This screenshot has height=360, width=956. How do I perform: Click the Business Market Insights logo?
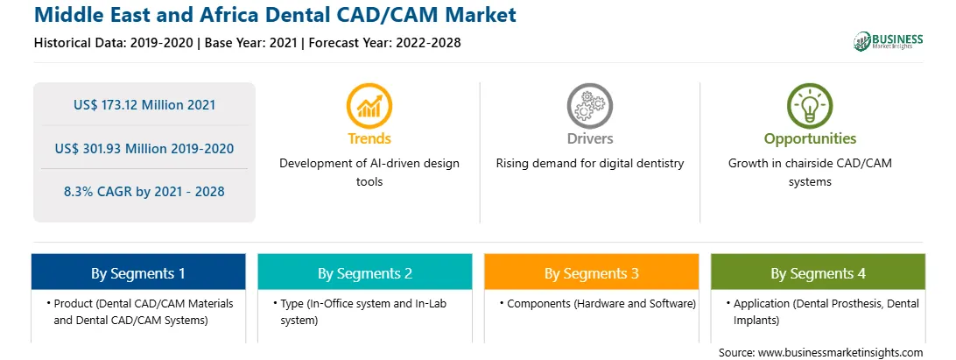point(888,41)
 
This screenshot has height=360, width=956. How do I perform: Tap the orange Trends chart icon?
point(369,106)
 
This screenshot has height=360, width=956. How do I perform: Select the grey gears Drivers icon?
point(589,106)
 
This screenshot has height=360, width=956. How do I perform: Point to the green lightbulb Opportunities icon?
point(810,106)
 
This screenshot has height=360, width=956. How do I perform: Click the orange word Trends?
point(369,138)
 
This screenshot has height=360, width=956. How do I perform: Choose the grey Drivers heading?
point(589,138)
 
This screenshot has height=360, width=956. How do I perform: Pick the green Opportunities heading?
point(811,138)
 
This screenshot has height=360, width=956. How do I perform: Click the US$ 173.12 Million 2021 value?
point(144,104)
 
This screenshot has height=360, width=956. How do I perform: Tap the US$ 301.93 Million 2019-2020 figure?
point(144,148)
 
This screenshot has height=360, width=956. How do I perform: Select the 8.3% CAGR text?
point(144,192)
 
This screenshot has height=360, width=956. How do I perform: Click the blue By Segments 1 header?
point(138,272)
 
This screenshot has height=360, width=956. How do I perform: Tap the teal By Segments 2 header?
point(364,272)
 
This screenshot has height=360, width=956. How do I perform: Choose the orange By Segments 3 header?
point(592,272)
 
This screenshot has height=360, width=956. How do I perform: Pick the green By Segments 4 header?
point(819,272)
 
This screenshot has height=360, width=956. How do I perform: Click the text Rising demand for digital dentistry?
point(589,164)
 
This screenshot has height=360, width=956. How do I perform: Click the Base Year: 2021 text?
point(250,43)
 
